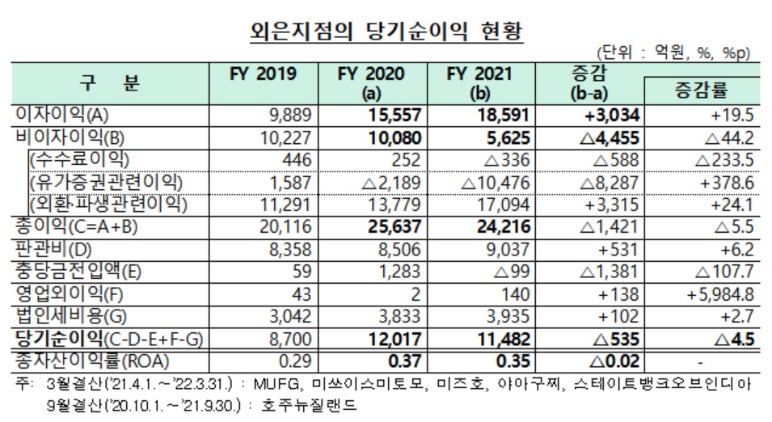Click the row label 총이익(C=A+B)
pos(73,224)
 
